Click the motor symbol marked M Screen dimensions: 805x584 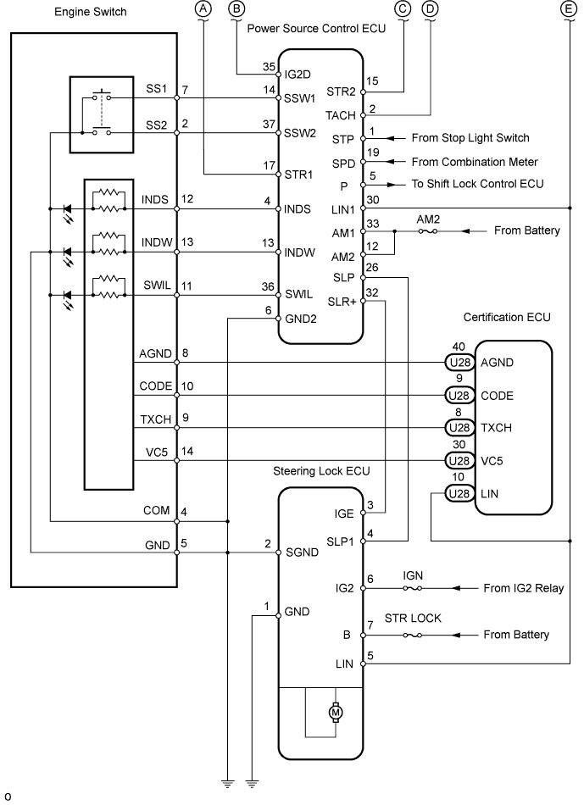[x=334, y=712]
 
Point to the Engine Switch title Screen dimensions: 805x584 [x=90, y=14]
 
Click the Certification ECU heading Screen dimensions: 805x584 [x=507, y=317]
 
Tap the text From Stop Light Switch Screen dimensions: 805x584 [x=470, y=137]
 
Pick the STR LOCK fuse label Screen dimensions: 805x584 [x=413, y=618]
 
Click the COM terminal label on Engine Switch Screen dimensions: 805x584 [x=157, y=510]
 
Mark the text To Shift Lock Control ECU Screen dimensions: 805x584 [x=477, y=184]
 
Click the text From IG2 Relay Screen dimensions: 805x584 [x=523, y=587]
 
